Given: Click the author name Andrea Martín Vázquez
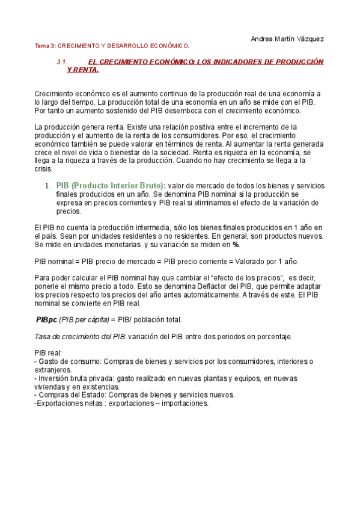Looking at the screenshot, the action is [x=286, y=38].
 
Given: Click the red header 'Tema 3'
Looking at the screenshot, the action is [x=44, y=46].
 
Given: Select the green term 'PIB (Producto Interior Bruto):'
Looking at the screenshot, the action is [x=111, y=186].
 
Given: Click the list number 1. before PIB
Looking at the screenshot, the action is [x=47, y=186].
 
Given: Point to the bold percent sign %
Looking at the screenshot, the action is [x=237, y=245].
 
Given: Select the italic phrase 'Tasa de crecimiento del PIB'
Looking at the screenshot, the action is [x=76, y=336].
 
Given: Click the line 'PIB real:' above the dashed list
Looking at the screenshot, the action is [x=49, y=353].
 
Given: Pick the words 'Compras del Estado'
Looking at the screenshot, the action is [x=68, y=395].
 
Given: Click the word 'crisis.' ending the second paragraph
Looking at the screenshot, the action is [x=45, y=169].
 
